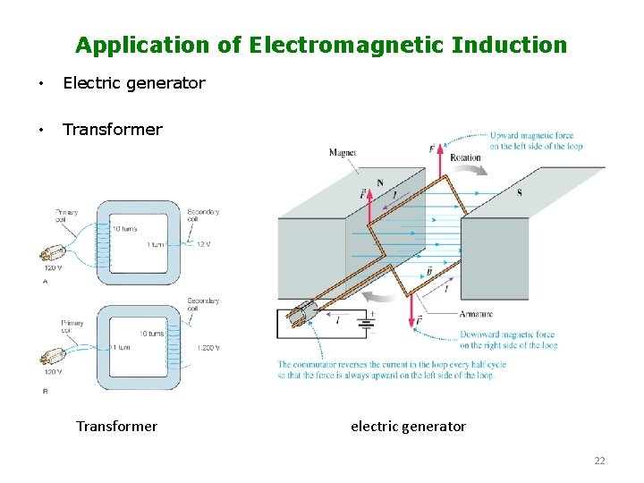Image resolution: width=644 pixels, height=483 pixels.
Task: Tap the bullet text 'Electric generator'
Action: [x=134, y=83]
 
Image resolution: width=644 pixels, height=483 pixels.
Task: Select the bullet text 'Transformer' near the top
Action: [x=113, y=130]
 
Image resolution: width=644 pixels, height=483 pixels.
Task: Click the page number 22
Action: [x=599, y=461]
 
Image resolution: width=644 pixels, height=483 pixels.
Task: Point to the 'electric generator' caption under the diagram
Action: [x=408, y=427]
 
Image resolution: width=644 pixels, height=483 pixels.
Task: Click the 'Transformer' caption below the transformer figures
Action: [x=116, y=427]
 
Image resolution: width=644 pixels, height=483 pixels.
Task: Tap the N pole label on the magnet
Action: [x=380, y=183]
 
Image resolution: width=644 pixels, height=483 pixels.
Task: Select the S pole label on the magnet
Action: [x=520, y=192]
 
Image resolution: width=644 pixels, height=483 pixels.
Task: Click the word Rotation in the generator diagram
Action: [x=465, y=158]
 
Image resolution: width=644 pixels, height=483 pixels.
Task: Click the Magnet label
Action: [x=343, y=153]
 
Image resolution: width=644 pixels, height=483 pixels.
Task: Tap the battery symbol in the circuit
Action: [x=366, y=321]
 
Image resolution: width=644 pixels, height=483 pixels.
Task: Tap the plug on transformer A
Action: [x=54, y=251]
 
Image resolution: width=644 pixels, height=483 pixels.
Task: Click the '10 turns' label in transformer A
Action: [x=125, y=228]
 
